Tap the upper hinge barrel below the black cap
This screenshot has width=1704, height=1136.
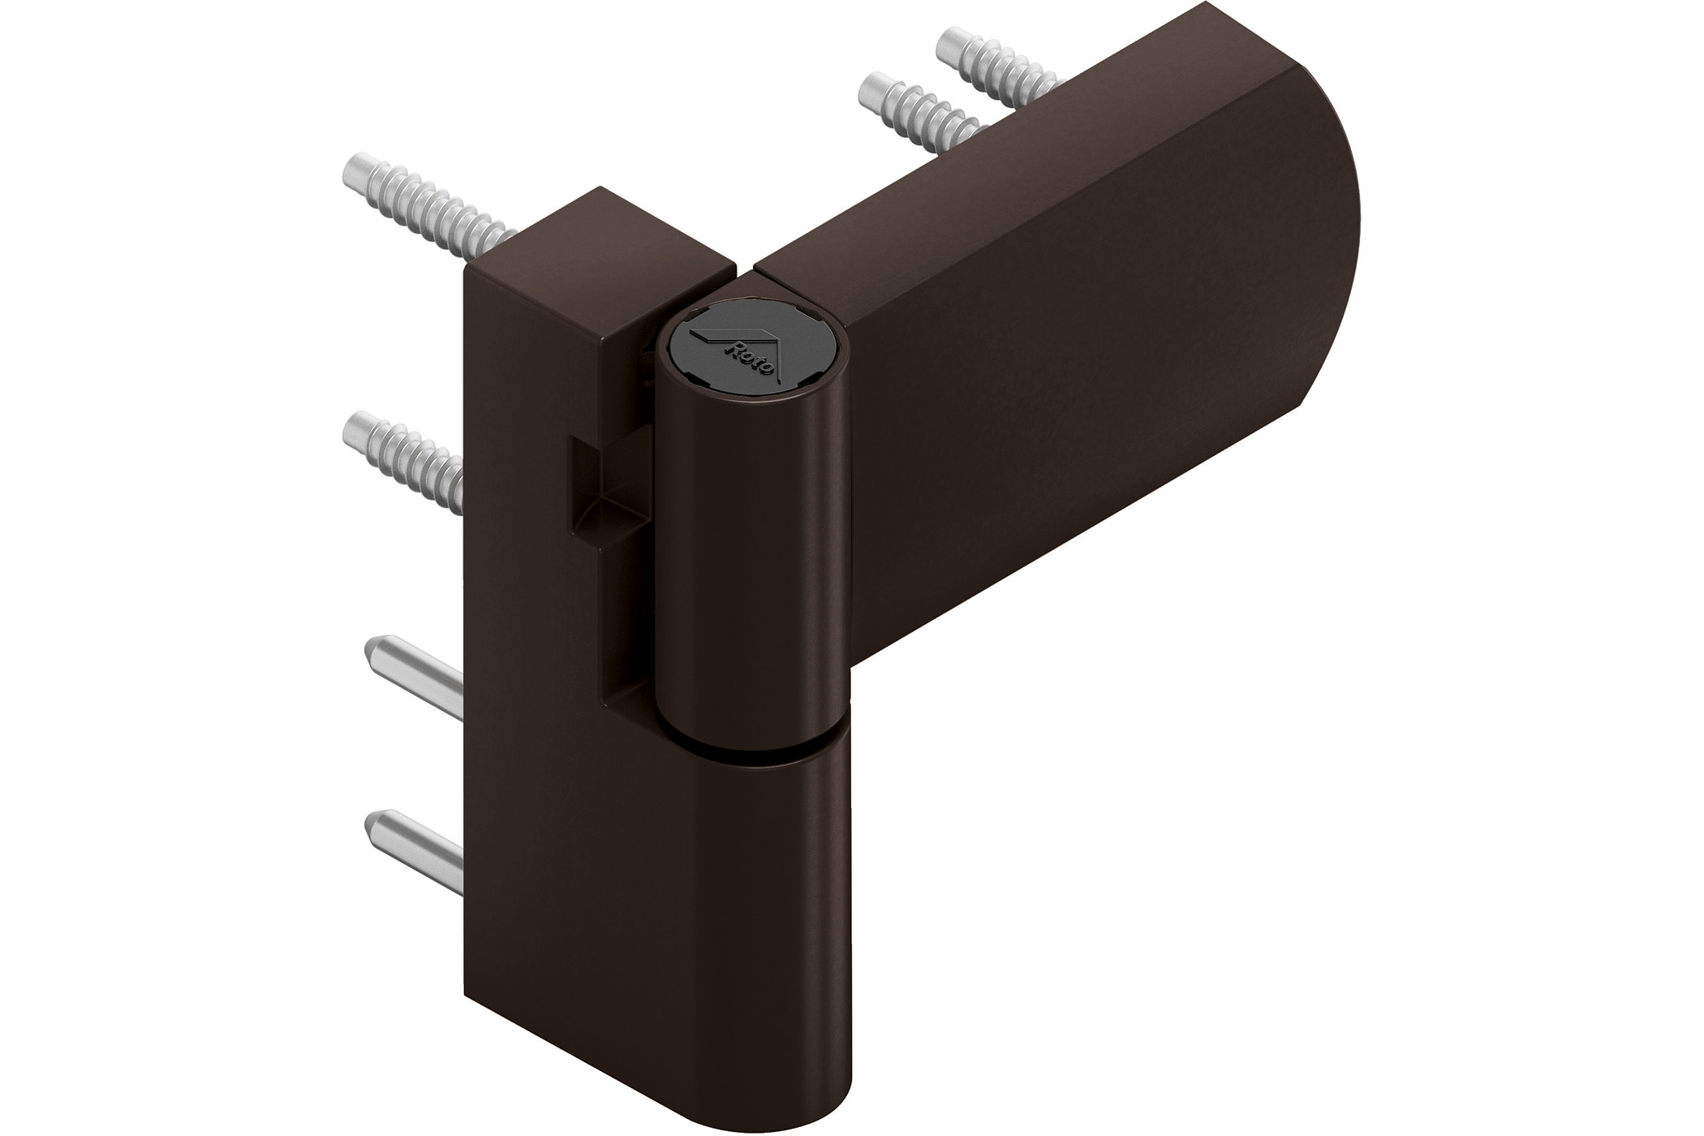point(751,568)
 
